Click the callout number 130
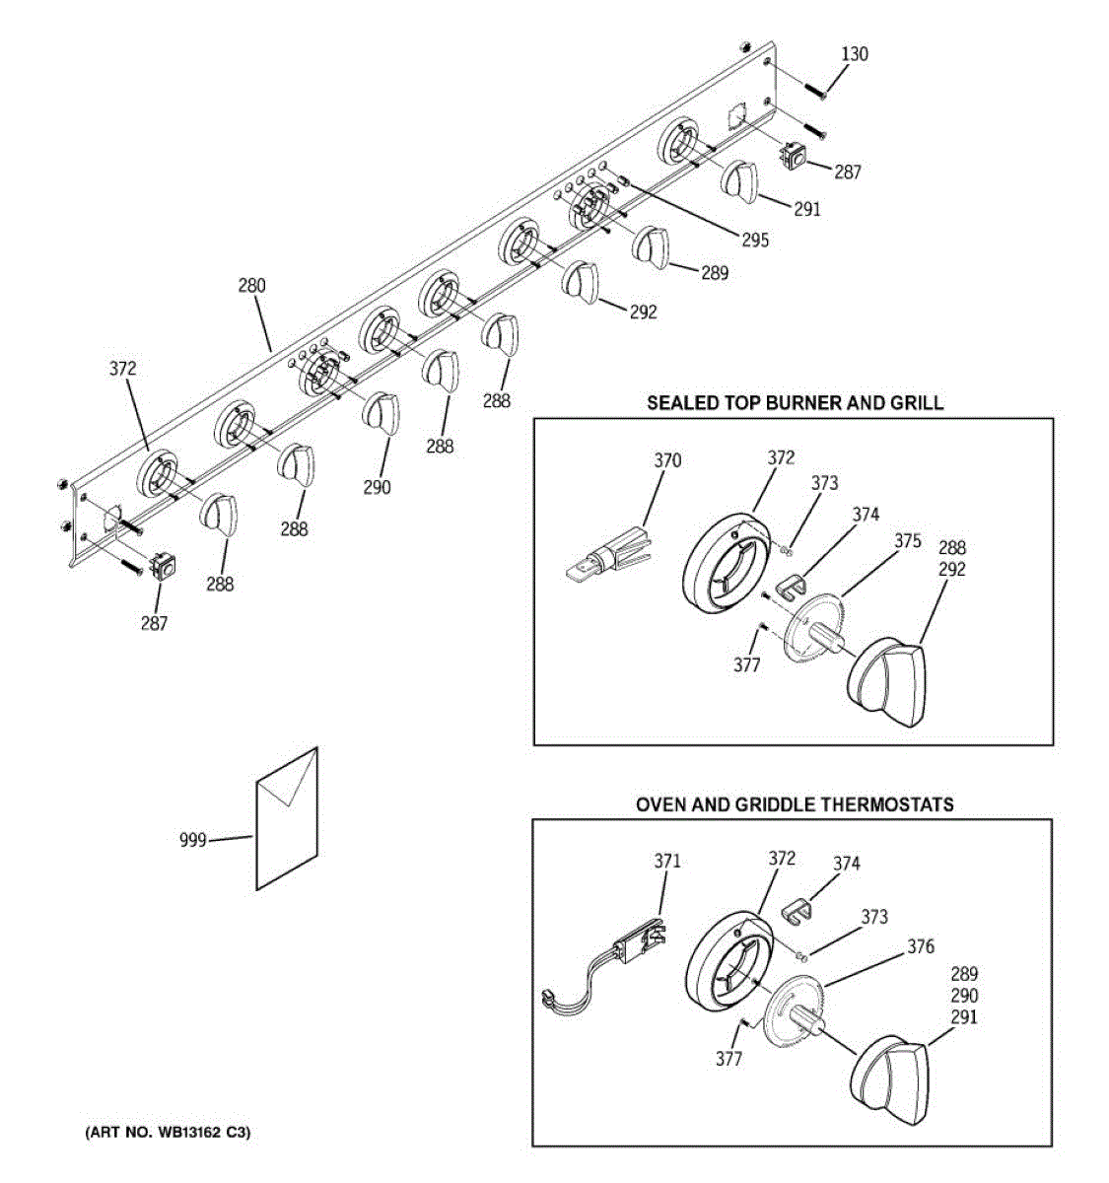(855, 54)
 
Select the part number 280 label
(251, 287)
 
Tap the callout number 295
(755, 240)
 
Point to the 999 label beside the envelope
(193, 840)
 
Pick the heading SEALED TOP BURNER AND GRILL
(795, 402)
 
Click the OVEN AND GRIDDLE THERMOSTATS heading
(795, 804)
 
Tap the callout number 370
(667, 460)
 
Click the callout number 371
(667, 861)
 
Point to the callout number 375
(908, 540)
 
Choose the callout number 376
(921, 947)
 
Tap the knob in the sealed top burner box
(887, 680)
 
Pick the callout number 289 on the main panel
(715, 273)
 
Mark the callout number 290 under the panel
(377, 486)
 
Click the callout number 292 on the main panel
(643, 312)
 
